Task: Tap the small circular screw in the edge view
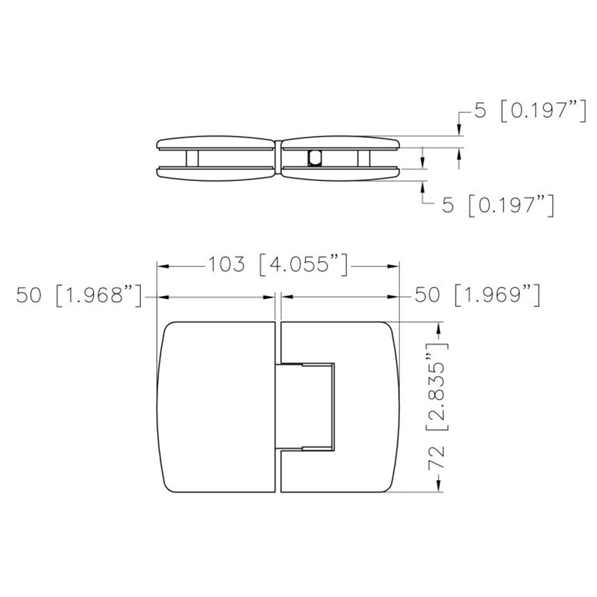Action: pos(314,158)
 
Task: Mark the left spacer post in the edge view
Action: pos(192,158)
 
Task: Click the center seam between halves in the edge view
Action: pos(279,158)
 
